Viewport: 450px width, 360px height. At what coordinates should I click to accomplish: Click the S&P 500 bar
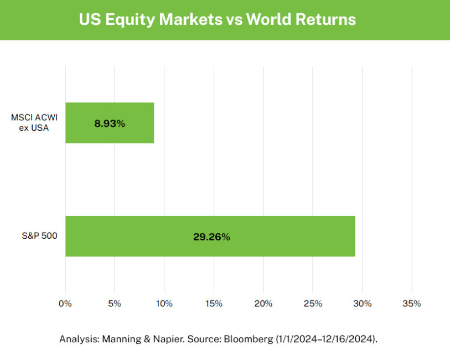[x=210, y=236]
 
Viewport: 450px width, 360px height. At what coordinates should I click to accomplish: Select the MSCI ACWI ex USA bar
[x=110, y=123]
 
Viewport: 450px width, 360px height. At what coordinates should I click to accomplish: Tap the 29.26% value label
[x=211, y=237]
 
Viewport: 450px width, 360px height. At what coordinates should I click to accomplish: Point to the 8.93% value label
[x=110, y=124]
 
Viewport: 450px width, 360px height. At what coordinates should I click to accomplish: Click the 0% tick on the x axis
[x=65, y=304]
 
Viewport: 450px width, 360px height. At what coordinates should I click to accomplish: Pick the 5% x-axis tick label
[x=115, y=304]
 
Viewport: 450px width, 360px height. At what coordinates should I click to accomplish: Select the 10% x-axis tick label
[x=164, y=304]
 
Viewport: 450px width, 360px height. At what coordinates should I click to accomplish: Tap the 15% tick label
[x=214, y=304]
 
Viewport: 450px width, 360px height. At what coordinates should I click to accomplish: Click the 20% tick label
[x=263, y=304]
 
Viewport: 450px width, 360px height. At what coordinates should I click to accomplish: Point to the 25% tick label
[x=313, y=304]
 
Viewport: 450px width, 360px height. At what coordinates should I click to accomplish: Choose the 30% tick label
[x=362, y=304]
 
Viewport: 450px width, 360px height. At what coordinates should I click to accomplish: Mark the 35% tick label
[x=412, y=304]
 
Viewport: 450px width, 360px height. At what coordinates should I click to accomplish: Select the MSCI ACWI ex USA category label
[x=34, y=122]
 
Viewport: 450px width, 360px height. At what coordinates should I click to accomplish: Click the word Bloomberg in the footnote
[x=250, y=339]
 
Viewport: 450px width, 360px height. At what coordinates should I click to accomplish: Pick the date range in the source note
[x=327, y=339]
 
